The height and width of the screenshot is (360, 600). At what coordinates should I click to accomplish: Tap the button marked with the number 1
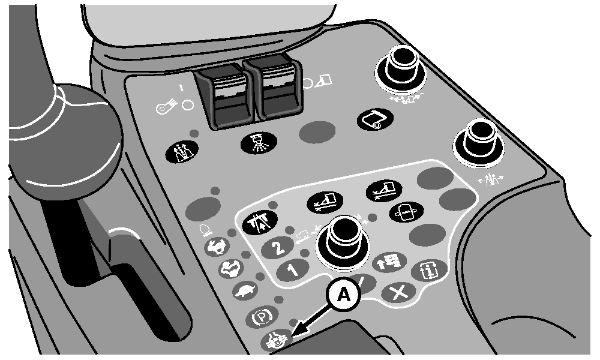pos(293,271)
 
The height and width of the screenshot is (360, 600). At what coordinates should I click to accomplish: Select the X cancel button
pos(399,293)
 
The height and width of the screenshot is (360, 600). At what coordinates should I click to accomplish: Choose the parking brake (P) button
pos(262,317)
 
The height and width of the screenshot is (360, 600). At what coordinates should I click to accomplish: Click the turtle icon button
pos(245,292)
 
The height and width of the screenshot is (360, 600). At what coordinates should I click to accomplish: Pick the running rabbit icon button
pos(217,247)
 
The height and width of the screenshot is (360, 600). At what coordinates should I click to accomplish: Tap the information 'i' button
pos(429,271)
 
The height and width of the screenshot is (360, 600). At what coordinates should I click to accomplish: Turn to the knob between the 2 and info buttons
pos(343,241)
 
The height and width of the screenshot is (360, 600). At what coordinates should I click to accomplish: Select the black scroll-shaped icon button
pos(376,119)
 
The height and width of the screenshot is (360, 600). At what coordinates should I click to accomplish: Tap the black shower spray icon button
pos(259,143)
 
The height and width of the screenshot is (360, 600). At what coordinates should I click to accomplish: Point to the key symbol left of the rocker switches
pos(166,107)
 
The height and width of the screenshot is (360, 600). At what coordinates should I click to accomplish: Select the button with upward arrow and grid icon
pos(389,262)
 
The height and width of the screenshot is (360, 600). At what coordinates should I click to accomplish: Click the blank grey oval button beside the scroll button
pos(317,133)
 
